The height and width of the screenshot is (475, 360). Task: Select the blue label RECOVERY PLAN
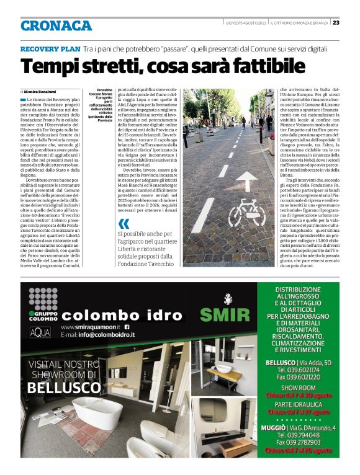[50, 48]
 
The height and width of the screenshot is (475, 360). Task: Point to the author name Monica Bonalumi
[45, 91]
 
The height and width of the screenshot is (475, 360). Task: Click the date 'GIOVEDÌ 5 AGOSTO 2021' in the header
[246, 22]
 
